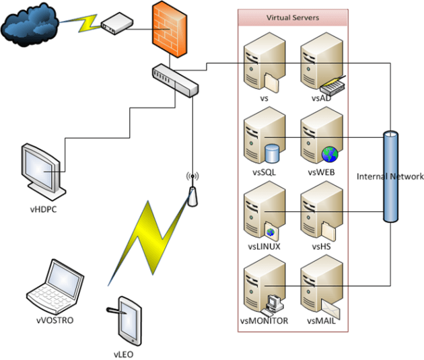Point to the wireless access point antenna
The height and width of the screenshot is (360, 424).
coord(192,192)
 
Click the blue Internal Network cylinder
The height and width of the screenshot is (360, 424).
coord(390,177)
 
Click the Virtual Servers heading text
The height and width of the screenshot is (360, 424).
coord(293,17)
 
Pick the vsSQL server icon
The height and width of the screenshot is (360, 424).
coord(260,139)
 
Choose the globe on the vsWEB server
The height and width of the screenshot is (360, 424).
coord(330,154)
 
